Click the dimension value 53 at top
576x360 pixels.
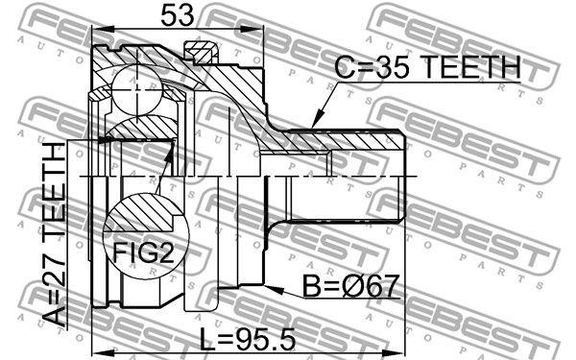coord(177,15)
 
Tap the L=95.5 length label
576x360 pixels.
coord(248,340)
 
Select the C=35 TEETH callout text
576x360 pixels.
coord(427,67)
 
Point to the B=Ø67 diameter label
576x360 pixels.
coord(350,286)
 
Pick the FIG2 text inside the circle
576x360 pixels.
coord(143,252)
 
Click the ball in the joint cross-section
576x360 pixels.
coord(136,89)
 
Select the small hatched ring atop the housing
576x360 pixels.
coord(201,52)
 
